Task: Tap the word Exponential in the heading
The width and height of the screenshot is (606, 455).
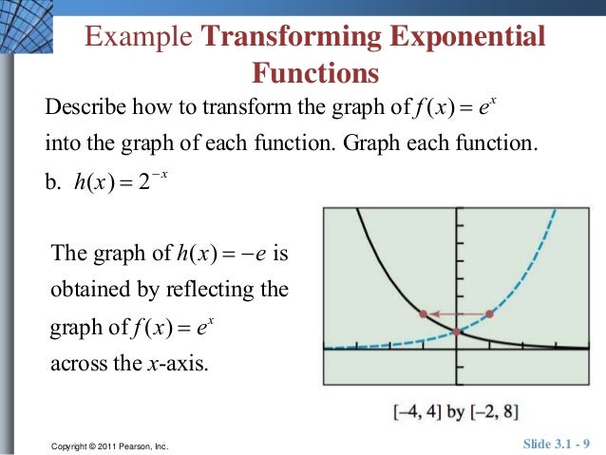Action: (469, 37)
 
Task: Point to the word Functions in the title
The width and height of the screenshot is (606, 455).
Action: (314, 72)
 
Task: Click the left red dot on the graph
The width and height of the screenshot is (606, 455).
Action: (423, 313)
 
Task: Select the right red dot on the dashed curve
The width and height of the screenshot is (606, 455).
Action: (489, 313)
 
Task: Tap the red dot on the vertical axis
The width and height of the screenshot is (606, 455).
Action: (457, 332)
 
